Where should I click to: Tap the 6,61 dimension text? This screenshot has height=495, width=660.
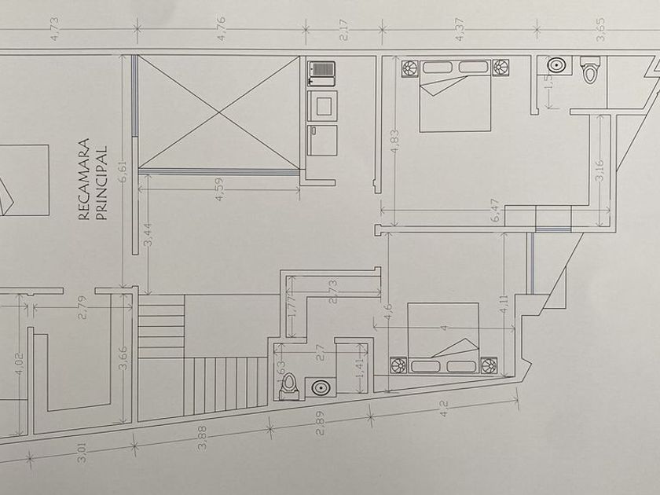pos(123,170)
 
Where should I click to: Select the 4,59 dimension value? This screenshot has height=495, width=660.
pos(220,189)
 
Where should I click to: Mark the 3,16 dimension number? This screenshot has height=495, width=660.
pos(599,170)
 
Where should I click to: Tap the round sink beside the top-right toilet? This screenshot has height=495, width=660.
pos(557,66)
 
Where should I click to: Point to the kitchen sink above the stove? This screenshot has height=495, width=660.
pos(321,73)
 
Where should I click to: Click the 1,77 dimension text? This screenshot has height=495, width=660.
pos(291,304)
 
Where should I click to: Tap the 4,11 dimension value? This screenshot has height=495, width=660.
pos(504,303)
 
